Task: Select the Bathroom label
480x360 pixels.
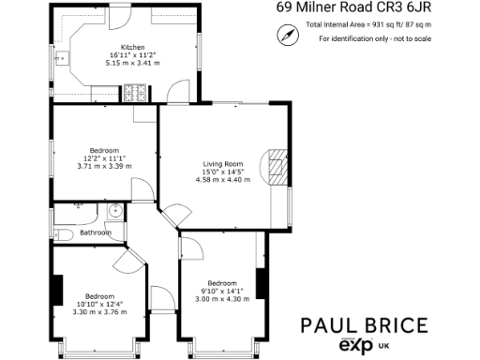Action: pos(96,232)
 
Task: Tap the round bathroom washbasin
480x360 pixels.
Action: pos(112,211)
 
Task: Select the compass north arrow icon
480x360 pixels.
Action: pos(287,35)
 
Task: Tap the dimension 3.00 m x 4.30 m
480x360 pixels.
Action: pos(222,298)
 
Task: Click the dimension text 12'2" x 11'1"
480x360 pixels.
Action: pos(104,158)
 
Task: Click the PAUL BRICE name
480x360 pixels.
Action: pos(365,325)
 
